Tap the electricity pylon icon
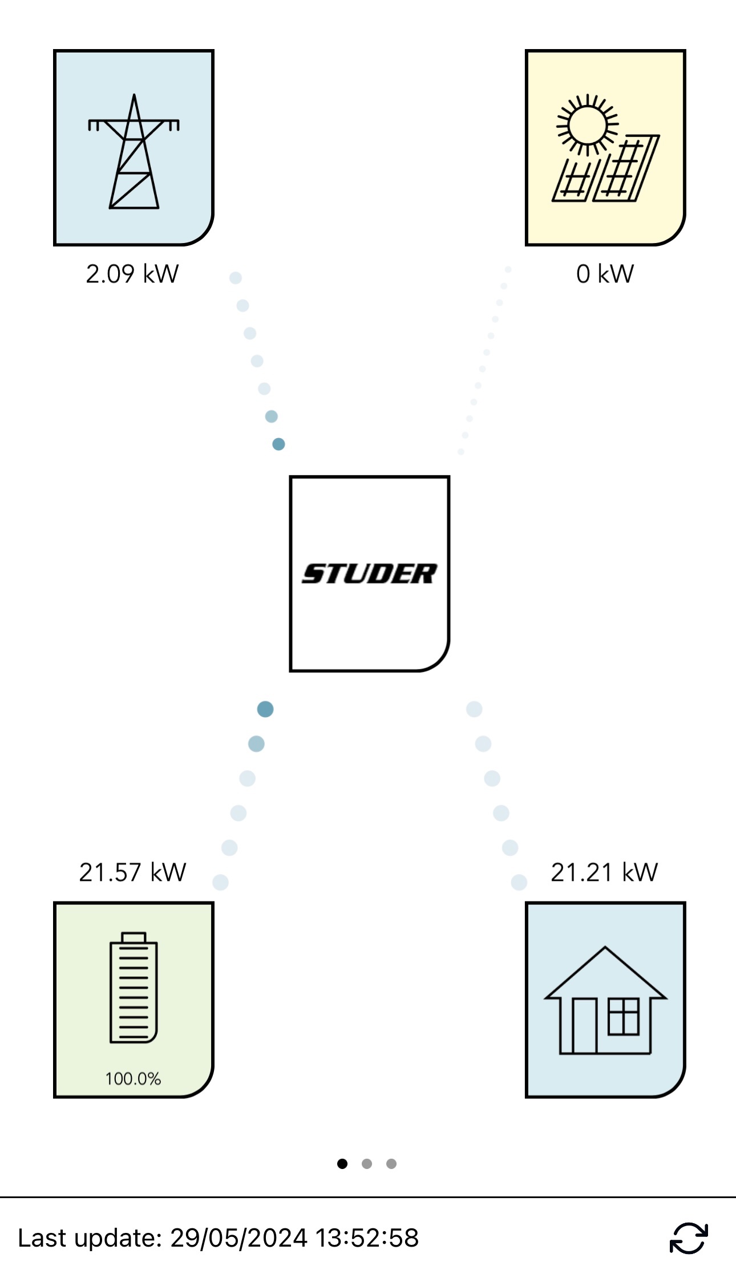pos(134,152)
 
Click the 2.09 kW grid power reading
pos(132,274)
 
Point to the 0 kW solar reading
pos(605,274)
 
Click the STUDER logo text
pos(369,573)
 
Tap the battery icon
pos(134,988)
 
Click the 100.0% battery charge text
pos(133,1079)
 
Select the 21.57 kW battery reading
pos(132,872)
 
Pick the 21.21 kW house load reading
pos(604,872)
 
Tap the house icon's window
pos(623,1016)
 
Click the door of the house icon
pos(584,1026)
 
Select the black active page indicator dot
pos(342,1164)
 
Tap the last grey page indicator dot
pos(391,1164)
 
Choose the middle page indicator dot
pos(367,1164)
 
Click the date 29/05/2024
pos(239,1238)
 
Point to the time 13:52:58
pos(367,1238)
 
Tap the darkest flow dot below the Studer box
pos(265,709)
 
